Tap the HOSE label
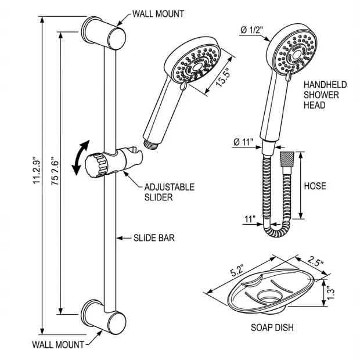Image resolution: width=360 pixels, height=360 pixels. pyautogui.click(x=315, y=186)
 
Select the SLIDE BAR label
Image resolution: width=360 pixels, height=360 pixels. pyautogui.click(x=154, y=237)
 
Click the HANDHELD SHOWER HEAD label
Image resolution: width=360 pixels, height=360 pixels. pyautogui.click(x=324, y=95)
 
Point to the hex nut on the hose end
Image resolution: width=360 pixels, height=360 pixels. pyautogui.click(x=287, y=159)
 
